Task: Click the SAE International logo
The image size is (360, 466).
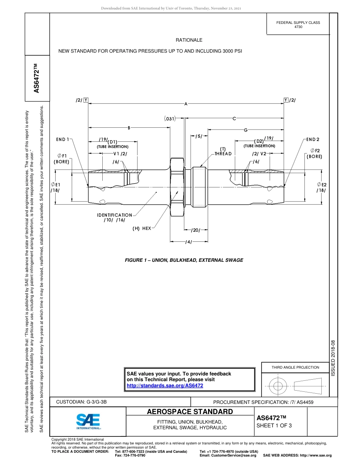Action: [x=88, y=421]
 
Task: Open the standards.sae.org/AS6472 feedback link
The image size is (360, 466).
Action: [x=164, y=385]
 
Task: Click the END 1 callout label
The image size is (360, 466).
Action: [x=63, y=139]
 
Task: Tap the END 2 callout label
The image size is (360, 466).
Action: [x=313, y=139]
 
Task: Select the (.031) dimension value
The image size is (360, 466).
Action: [x=170, y=119]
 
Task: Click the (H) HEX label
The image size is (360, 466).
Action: [x=142, y=228]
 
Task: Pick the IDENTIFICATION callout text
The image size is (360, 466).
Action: [x=114, y=215]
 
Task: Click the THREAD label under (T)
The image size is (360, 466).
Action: [x=223, y=154]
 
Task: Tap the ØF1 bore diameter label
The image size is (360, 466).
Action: [x=62, y=156]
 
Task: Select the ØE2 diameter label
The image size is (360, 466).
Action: [x=322, y=185]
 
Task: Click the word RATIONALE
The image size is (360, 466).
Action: [x=189, y=40]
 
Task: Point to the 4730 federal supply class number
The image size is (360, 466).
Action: [x=298, y=27]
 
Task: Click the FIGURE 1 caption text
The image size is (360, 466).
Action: [x=184, y=260]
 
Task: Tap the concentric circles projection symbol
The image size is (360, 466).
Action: [x=278, y=386]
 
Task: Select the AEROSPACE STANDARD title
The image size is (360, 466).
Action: [x=190, y=412]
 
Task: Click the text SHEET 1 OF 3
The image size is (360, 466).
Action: [x=274, y=425]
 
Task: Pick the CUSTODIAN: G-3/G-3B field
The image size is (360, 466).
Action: [x=84, y=402]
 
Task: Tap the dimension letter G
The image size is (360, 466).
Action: [x=246, y=130]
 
